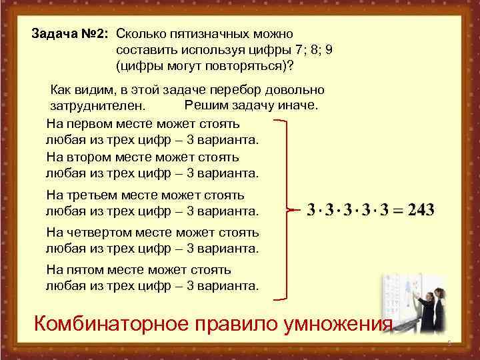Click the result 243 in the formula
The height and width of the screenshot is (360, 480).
(x=421, y=210)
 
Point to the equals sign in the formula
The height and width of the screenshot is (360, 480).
(x=398, y=211)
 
